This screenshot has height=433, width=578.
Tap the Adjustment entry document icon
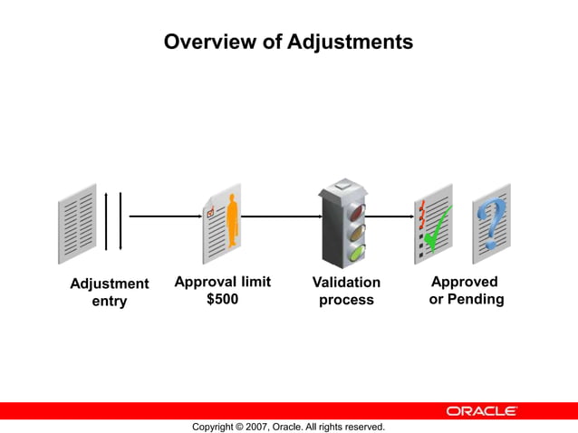click(77, 223)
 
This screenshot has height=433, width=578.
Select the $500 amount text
click(223, 299)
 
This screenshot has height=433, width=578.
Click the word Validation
click(346, 283)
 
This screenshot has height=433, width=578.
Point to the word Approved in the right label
click(465, 282)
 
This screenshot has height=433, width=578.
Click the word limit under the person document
click(253, 282)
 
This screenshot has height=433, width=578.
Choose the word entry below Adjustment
click(110, 301)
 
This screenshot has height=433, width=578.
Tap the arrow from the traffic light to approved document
click(389, 216)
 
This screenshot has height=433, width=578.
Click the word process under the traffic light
click(346, 300)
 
